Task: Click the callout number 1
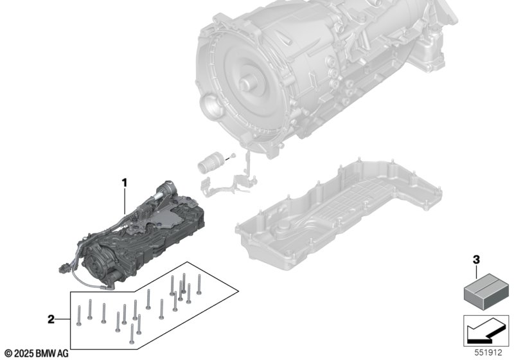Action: coord(124,183)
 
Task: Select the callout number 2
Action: coord(51,319)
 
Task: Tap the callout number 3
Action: coord(476,260)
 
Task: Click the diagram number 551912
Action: coord(488,353)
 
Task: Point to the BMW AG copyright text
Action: coord(37,354)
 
